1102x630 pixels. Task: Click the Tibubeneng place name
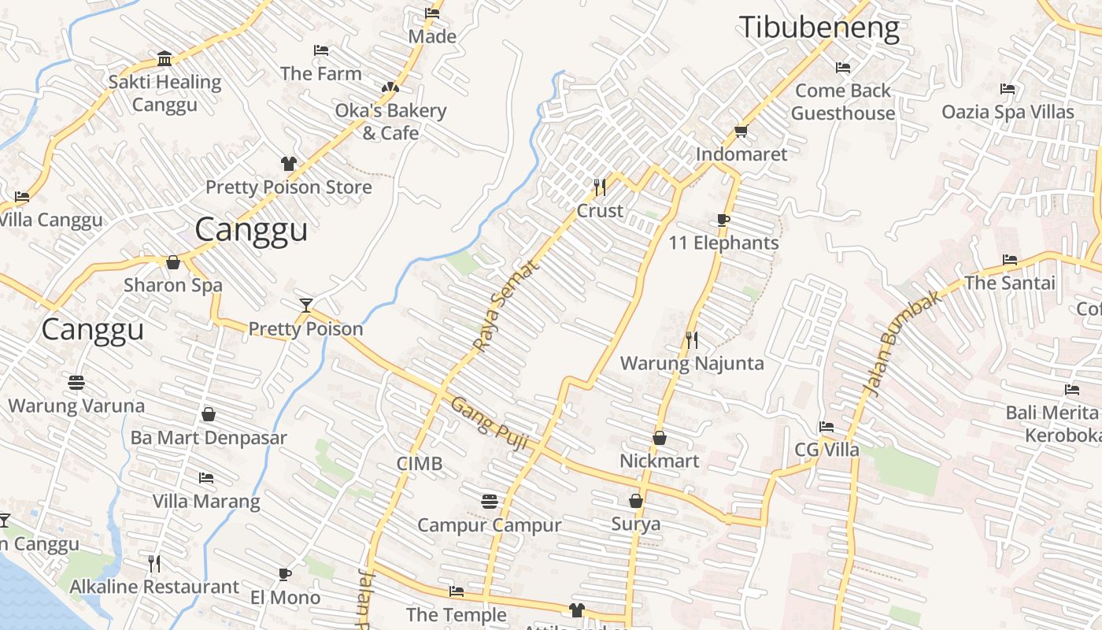[819, 28]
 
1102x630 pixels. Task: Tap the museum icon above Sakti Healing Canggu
[165, 59]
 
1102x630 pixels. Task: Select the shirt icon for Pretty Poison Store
[289, 164]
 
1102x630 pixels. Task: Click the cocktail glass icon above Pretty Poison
[306, 305]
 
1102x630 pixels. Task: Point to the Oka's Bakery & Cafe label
[390, 121]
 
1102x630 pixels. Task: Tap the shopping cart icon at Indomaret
[740, 131]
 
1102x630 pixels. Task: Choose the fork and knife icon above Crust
[600, 187]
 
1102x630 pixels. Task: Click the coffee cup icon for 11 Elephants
[723, 220]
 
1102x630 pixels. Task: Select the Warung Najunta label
[692, 363]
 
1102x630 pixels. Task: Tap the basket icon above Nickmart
[660, 438]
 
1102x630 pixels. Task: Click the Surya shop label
[636, 524]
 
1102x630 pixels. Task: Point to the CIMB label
[419, 464]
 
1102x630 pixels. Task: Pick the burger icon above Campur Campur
[489, 501]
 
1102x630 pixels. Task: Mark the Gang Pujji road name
[488, 423]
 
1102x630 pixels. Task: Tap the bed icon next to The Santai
[1010, 260]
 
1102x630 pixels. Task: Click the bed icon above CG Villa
[826, 427]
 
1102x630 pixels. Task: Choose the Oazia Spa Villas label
[1008, 112]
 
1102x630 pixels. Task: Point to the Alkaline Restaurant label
[154, 587]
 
